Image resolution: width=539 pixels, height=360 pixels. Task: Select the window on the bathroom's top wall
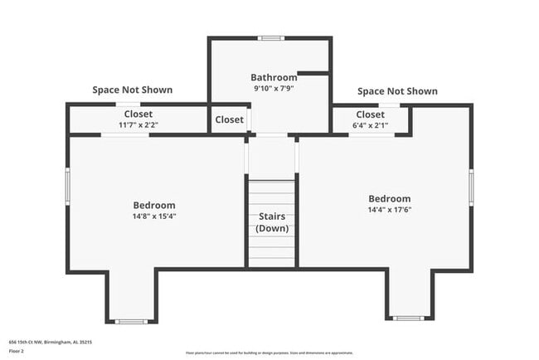(x=269, y=38)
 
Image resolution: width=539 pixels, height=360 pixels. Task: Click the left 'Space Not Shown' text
(x=133, y=90)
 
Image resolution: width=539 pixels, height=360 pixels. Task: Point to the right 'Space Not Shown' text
(x=397, y=90)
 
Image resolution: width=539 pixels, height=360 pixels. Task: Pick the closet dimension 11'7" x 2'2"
(x=138, y=125)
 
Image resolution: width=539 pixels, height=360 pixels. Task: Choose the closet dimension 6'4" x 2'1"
(x=370, y=125)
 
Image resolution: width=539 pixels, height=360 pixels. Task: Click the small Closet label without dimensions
(x=230, y=119)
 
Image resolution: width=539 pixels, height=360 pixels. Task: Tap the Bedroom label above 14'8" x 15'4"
(x=154, y=205)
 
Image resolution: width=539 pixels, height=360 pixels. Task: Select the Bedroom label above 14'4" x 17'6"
(x=389, y=198)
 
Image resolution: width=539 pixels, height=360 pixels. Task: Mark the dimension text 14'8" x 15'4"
(x=154, y=216)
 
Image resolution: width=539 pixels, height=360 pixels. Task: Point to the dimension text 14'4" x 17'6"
(x=389, y=210)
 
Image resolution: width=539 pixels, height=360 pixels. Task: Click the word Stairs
(x=271, y=216)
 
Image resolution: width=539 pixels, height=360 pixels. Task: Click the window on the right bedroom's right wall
(x=471, y=186)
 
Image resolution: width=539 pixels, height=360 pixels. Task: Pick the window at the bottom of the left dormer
(x=130, y=321)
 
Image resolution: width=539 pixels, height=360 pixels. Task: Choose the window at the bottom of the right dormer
(x=407, y=318)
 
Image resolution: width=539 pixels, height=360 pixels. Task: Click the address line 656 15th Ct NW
(x=50, y=341)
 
